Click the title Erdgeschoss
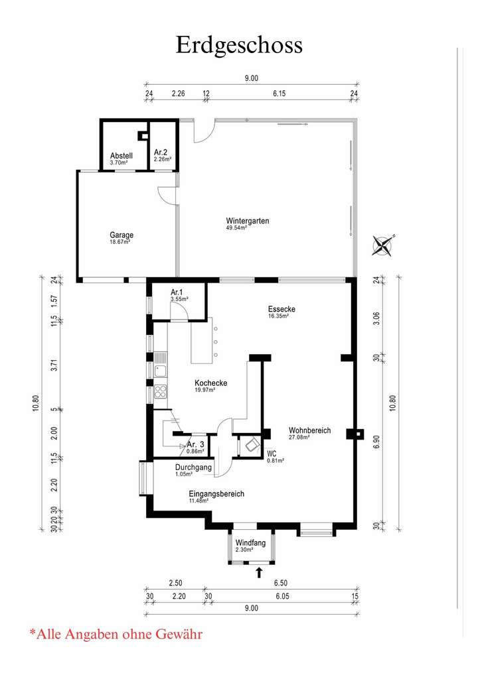[x=239, y=44]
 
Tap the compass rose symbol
[x=382, y=246]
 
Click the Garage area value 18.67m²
[x=119, y=243]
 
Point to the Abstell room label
[x=121, y=156]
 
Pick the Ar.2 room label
[x=161, y=153]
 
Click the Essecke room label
[x=281, y=309]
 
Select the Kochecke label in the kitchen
[x=211, y=383]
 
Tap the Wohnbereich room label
[x=309, y=430]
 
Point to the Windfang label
[x=250, y=543]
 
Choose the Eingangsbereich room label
[x=216, y=494]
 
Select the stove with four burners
[x=160, y=391]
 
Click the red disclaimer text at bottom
[x=116, y=634]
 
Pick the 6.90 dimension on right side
[x=376, y=446]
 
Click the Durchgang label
[x=194, y=467]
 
